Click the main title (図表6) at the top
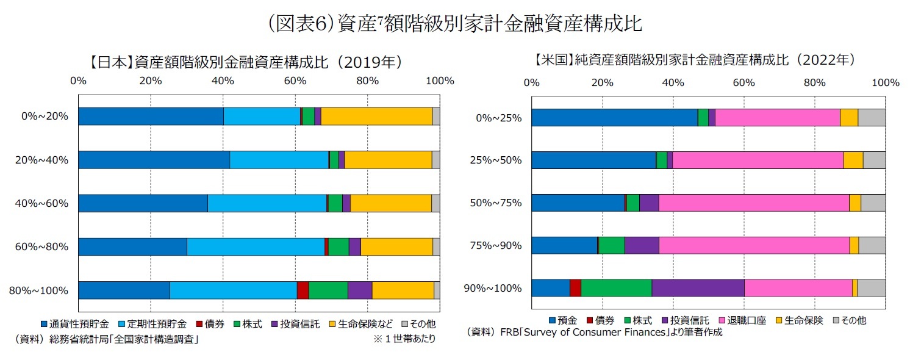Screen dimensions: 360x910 point(454,24)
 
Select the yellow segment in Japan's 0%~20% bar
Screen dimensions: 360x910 point(376,116)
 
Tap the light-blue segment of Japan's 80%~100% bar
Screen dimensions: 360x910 point(233,290)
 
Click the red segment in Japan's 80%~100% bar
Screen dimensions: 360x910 point(303,290)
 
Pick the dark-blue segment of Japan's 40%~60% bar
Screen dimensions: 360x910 point(143,203)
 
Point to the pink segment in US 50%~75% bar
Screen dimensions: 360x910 point(754,203)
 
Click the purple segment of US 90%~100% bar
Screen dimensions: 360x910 point(698,288)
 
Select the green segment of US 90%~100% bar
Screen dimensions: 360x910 point(616,288)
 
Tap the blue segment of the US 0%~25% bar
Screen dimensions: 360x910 point(614,118)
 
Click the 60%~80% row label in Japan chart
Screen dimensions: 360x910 point(41,247)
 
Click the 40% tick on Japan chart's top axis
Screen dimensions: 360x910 point(223,81)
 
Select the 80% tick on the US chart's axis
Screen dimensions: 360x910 point(815,82)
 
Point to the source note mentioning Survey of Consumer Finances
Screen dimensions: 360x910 point(594,333)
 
